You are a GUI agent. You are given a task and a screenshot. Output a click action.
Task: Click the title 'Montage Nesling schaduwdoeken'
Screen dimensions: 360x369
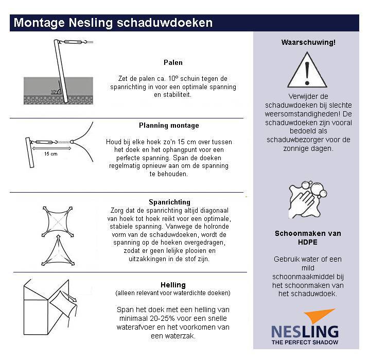coord(113,23)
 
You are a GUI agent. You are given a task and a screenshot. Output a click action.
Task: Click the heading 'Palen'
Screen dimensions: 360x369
coord(173,62)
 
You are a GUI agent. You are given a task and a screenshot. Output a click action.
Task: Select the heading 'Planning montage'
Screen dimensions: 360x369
coord(169,125)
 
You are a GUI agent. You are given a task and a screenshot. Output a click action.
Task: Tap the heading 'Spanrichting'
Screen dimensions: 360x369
coord(169,202)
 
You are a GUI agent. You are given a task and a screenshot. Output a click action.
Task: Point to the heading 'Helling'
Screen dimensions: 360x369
coord(173,285)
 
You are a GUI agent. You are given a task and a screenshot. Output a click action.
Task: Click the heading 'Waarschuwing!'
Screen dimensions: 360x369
coord(308,43)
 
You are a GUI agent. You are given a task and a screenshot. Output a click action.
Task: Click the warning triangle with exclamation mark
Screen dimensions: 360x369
coord(308,70)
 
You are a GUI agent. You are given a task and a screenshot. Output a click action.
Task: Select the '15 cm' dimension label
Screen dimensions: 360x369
coord(50,153)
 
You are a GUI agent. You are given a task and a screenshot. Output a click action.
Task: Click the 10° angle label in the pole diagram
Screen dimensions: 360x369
coord(53,92)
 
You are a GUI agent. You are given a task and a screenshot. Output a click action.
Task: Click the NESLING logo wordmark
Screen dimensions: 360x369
coord(305,331)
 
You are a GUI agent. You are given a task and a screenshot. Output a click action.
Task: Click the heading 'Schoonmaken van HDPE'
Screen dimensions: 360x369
coord(308,238)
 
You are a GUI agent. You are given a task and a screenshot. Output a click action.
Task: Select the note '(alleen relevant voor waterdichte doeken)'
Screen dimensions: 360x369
coord(173,293)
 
